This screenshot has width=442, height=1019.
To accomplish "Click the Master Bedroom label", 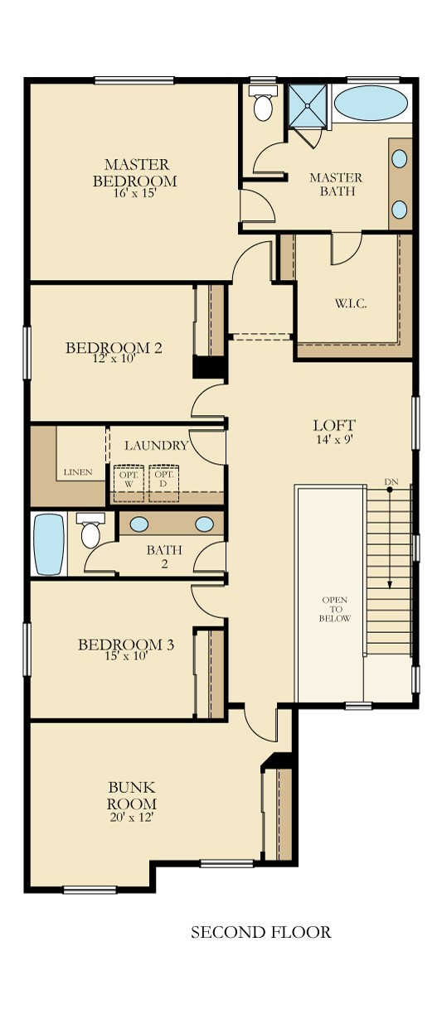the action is [134, 173].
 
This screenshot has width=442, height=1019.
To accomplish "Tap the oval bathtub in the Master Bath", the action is [371, 104].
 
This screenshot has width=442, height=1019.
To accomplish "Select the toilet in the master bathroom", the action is [263, 103].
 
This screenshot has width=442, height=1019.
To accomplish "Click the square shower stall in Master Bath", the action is [308, 105].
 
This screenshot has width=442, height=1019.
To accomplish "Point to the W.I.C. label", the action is [351, 303].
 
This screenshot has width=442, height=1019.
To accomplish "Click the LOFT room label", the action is [334, 425].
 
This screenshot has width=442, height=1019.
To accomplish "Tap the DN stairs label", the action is [390, 481].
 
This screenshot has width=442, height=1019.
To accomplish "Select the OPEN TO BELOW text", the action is [335, 609].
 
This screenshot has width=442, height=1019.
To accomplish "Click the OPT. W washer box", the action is [129, 483].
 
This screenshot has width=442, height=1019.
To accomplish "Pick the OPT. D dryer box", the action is [163, 483].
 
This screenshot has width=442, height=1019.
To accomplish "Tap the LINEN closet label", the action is [78, 472].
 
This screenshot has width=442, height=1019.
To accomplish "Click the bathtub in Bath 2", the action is [49, 544].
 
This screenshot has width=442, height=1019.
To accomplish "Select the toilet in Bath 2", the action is [90, 530].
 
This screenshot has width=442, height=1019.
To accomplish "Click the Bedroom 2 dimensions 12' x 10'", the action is [114, 358].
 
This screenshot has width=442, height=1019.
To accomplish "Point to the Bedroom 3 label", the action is [126, 645].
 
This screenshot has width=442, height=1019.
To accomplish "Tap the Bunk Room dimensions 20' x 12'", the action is [131, 817].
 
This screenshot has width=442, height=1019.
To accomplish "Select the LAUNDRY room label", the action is [156, 446].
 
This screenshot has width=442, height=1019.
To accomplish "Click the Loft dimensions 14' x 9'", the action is [334, 439].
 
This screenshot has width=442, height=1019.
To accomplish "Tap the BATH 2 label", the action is [164, 557].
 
